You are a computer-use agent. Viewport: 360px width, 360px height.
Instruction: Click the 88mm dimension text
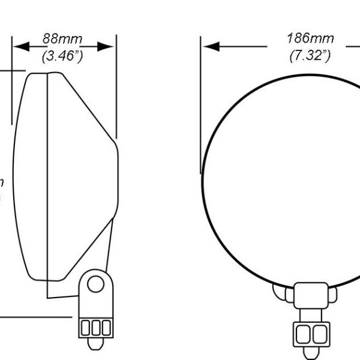(62, 39)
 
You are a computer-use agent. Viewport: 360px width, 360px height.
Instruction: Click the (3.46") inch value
(62, 58)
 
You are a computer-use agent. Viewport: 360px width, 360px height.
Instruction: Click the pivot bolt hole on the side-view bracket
(93, 285)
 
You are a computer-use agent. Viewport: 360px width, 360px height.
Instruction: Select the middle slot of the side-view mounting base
(96, 327)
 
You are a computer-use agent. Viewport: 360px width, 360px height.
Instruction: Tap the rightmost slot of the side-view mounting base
(106, 327)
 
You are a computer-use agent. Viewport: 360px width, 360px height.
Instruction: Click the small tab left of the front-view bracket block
(280, 292)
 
